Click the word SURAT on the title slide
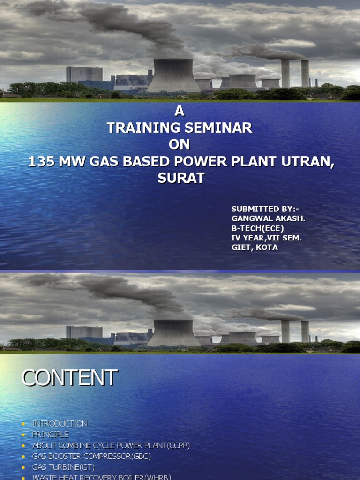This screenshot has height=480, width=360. click(x=180, y=179)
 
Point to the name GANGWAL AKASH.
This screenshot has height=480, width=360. click(x=265, y=218)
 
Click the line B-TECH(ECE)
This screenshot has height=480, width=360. click(x=258, y=228)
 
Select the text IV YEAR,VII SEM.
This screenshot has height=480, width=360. click(x=266, y=238)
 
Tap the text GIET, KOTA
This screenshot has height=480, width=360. click(x=255, y=247)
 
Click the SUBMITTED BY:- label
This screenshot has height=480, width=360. click(x=265, y=209)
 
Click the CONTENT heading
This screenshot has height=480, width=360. click(x=69, y=378)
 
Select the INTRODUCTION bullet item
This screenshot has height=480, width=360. click(x=60, y=424)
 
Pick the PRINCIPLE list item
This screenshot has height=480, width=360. click(x=51, y=435)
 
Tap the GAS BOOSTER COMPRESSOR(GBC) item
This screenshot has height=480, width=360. click(x=91, y=456)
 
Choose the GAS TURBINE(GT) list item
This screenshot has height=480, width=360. click(x=63, y=467)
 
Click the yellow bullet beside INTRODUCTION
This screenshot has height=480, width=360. click(x=23, y=424)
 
